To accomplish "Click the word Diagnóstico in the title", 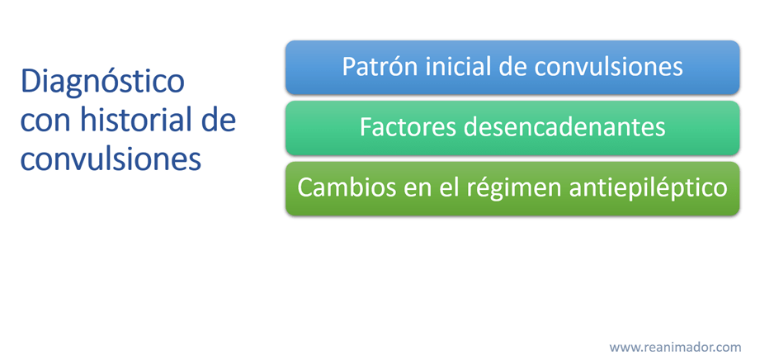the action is coord(103,83).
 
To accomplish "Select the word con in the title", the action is coord(44,121).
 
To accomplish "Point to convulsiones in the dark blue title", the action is coord(111,159).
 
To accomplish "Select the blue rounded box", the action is coord(512,68).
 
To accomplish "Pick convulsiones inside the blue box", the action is coord(609,67).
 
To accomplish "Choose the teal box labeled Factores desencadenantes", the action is coord(512,128).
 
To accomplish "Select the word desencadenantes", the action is coord(564,128).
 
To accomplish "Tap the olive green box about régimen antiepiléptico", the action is coord(512,189).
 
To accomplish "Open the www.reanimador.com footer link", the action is coord(675,348).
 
